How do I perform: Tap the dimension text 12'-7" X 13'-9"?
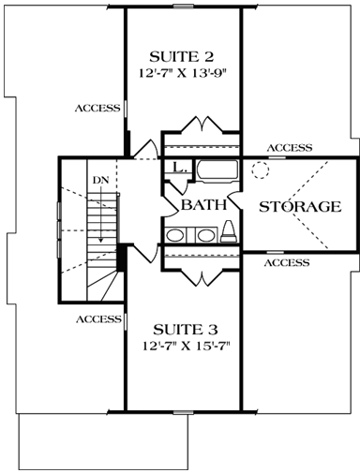(x=184, y=71)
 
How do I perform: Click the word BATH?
(x=201, y=205)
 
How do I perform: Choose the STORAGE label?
(x=299, y=206)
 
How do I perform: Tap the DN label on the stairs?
(x=100, y=179)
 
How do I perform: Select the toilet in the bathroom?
(x=230, y=231)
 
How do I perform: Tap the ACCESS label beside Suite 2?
(x=97, y=108)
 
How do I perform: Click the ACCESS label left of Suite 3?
(x=97, y=318)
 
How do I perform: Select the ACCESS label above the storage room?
(x=290, y=148)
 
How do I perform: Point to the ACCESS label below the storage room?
(x=286, y=263)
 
